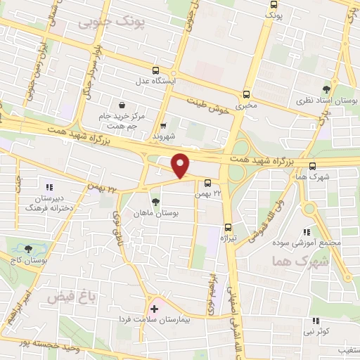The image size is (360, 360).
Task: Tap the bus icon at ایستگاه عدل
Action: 155,70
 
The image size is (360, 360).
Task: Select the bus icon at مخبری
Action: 246,94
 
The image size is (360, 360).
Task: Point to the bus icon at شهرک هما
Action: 312,166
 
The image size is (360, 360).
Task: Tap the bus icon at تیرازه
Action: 228,226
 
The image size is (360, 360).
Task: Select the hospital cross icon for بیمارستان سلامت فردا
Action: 154,309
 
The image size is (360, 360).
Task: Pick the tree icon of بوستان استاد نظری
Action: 325,89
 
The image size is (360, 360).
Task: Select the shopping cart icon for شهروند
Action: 163,126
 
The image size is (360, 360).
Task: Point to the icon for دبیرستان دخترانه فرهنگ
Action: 49,187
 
